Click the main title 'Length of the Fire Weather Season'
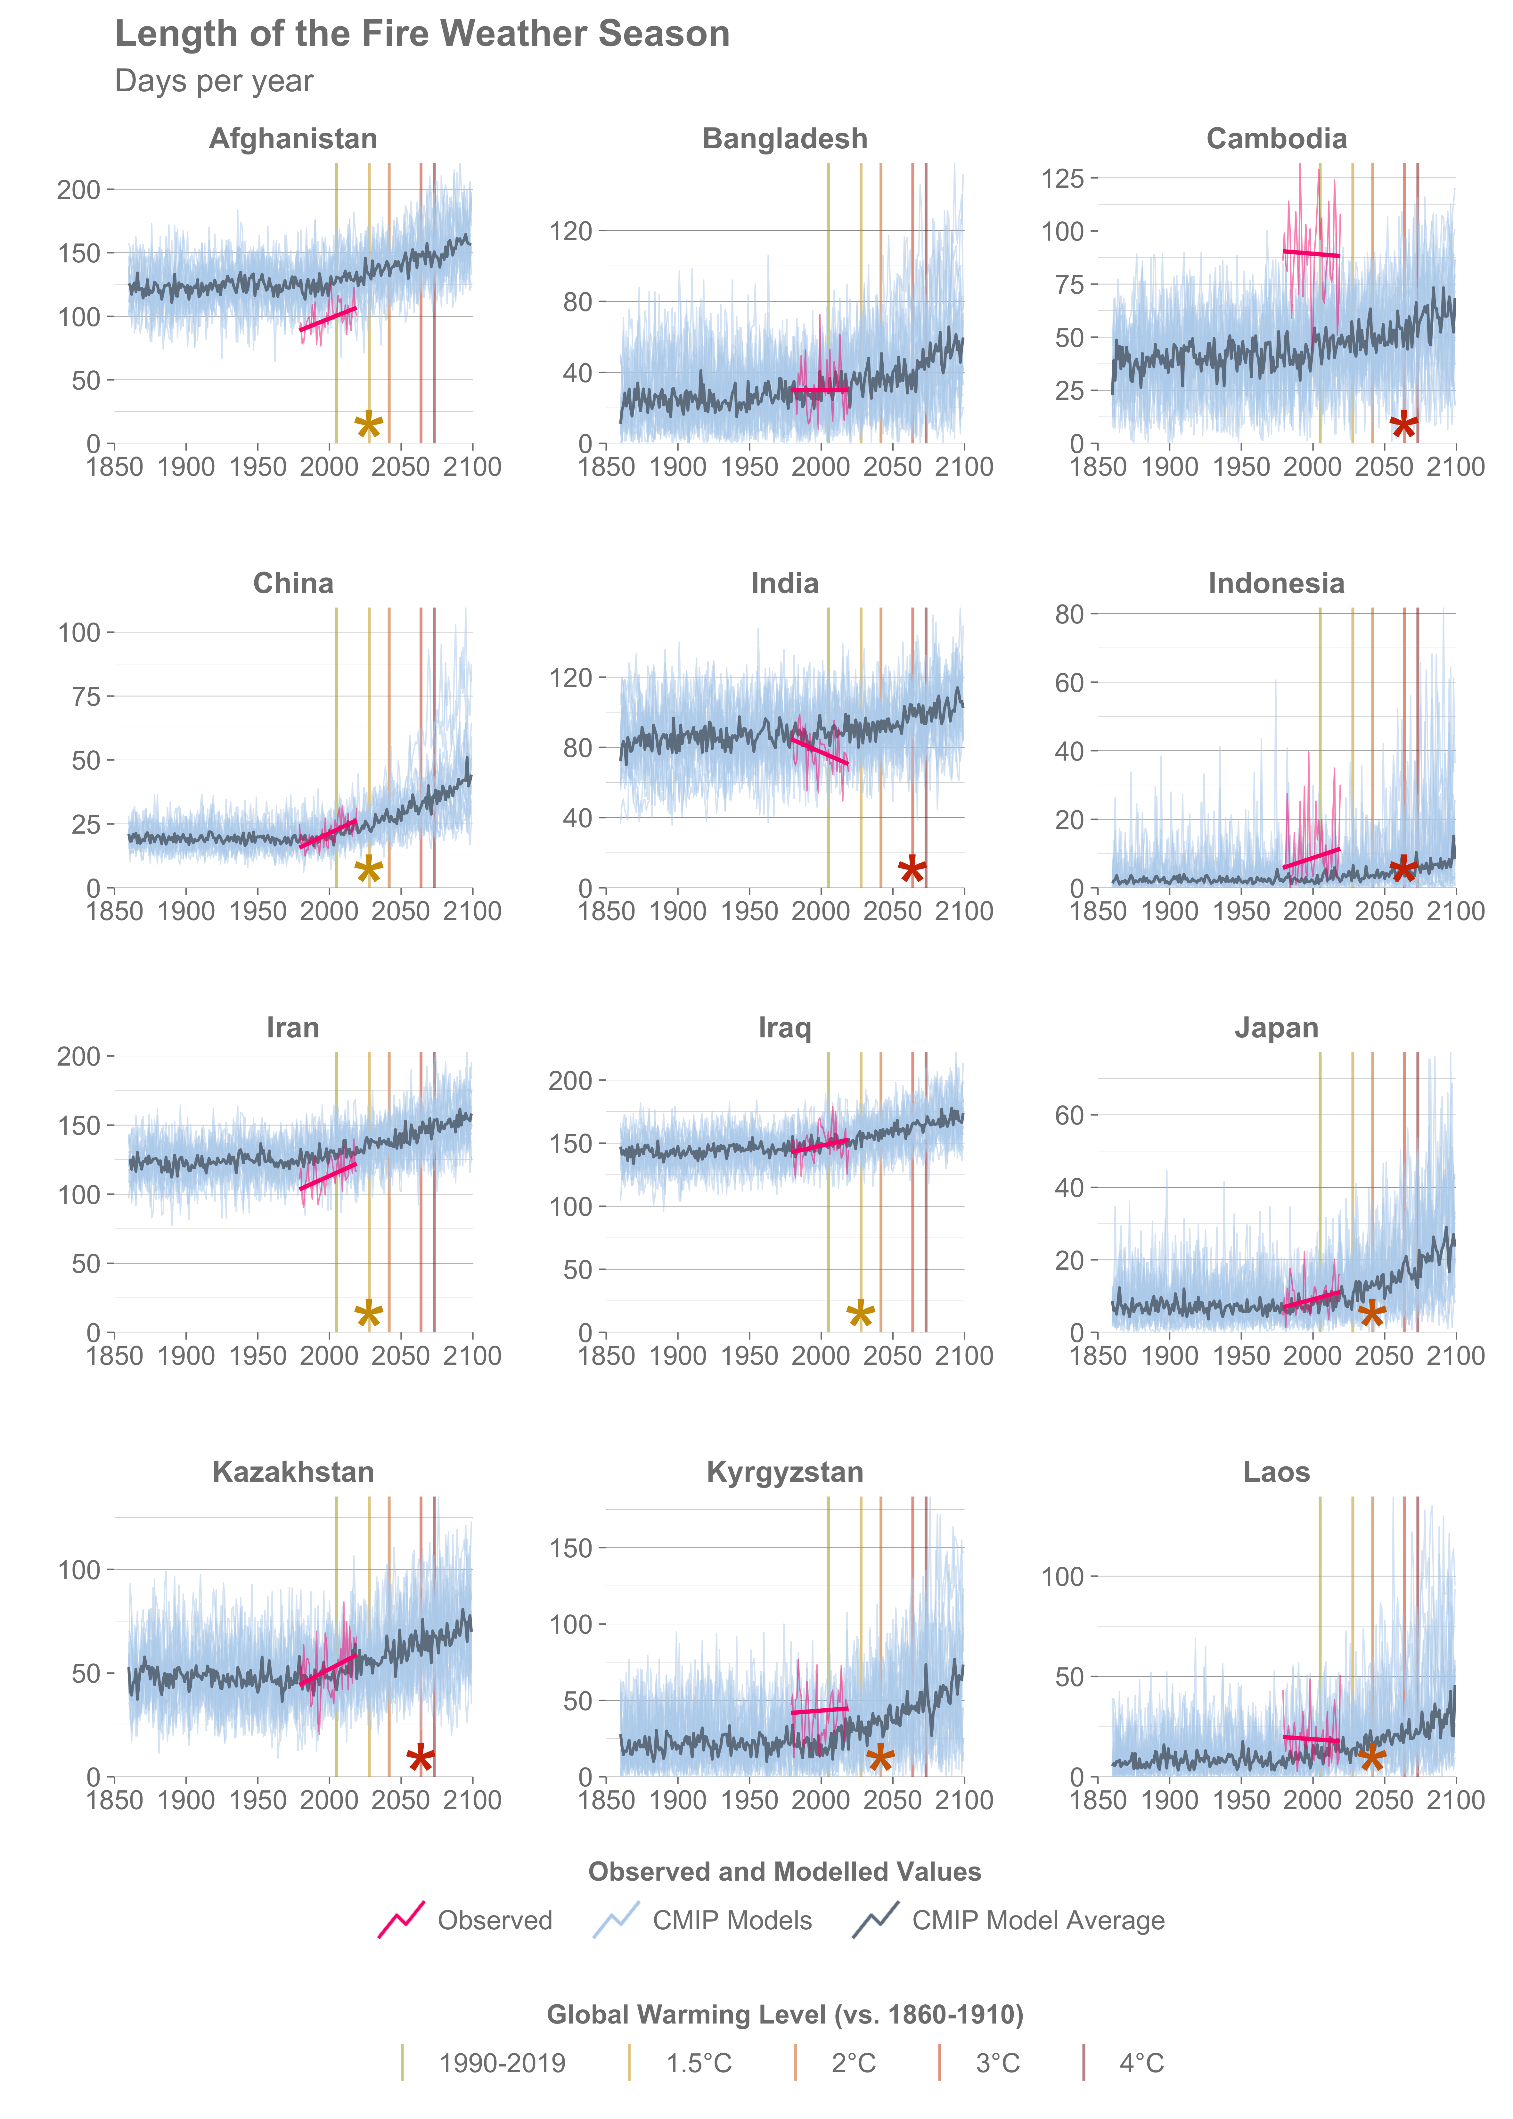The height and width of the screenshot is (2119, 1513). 422,35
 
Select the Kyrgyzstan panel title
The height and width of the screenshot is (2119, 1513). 784,1472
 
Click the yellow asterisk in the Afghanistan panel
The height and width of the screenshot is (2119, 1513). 369,426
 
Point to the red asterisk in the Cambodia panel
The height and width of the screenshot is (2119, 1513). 1404,426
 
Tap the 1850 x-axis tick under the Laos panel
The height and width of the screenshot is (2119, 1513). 1099,1800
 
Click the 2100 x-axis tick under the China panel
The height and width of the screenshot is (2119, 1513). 472,911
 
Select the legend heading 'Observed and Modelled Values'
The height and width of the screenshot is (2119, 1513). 784,1872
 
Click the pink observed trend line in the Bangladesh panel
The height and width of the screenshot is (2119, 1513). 820,390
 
